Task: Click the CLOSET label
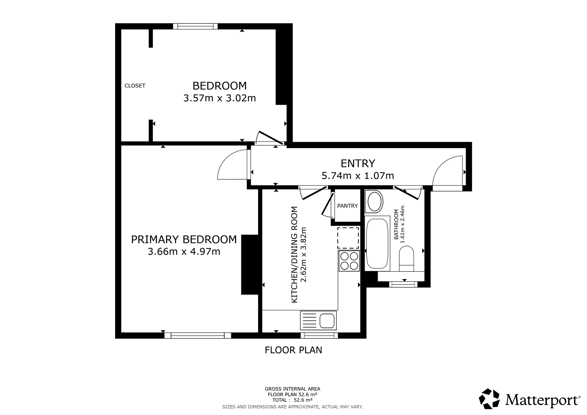pyautogui.click(x=135, y=86)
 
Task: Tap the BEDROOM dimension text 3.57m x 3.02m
pyautogui.click(x=220, y=98)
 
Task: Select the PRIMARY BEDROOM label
pyautogui.click(x=184, y=239)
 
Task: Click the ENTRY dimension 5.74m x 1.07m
pyautogui.click(x=357, y=176)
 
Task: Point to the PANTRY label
pyautogui.click(x=348, y=206)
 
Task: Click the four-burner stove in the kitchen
pyautogui.click(x=349, y=261)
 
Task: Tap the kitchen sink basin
pyautogui.click(x=327, y=321)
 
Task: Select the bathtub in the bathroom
pyautogui.click(x=377, y=243)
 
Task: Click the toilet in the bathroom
pyautogui.click(x=406, y=258)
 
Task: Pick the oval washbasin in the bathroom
pyautogui.click(x=374, y=202)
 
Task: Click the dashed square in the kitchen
pyautogui.click(x=348, y=238)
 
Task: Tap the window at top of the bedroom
pyautogui.click(x=195, y=26)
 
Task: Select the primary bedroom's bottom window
pyautogui.click(x=198, y=335)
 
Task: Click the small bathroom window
pyautogui.click(x=403, y=284)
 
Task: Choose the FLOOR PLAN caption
pyautogui.click(x=293, y=350)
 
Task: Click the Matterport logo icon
pyautogui.click(x=489, y=399)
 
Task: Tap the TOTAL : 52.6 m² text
pyautogui.click(x=292, y=400)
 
